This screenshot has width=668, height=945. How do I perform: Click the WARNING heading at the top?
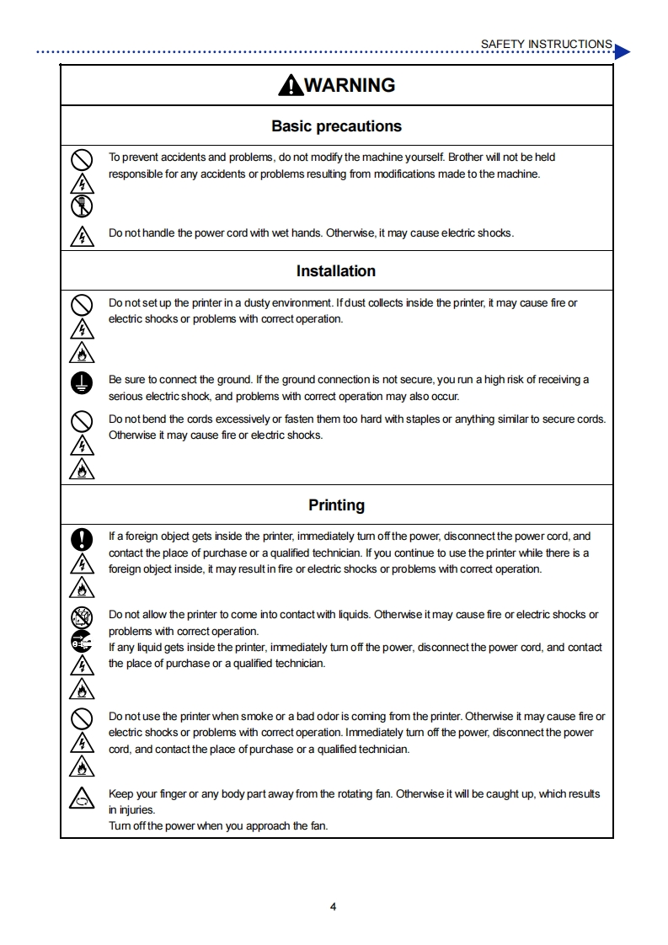[349, 85]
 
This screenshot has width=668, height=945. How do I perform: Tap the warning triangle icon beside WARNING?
[290, 85]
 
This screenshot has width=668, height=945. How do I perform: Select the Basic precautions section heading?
[336, 126]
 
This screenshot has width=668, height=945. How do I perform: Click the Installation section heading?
[336, 271]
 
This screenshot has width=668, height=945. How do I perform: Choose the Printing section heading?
[336, 505]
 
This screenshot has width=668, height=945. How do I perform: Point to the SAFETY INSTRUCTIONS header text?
[546, 44]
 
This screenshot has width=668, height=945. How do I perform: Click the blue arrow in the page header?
[622, 52]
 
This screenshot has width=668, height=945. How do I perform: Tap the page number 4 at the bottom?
[334, 907]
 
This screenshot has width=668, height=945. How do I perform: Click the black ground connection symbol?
[81, 384]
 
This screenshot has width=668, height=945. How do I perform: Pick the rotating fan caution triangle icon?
[81, 797]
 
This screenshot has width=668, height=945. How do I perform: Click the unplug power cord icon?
[81, 642]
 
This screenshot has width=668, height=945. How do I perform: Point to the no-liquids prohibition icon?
[81, 618]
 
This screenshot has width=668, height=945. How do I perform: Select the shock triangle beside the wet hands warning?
[81, 236]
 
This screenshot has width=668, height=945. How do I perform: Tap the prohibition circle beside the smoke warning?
[81, 719]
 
